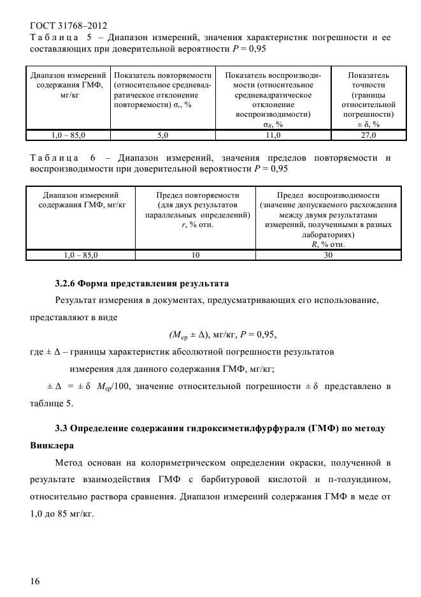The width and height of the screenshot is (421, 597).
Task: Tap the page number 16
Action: point(35,580)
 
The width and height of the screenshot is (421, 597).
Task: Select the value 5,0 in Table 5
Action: point(163,135)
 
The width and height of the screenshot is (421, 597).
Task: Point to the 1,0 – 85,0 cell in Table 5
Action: point(68,135)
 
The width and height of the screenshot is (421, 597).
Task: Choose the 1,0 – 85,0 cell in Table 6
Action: point(80,255)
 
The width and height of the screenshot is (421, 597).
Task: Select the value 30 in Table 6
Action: point(328,255)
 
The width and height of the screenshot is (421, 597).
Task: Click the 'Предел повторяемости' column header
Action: point(197,195)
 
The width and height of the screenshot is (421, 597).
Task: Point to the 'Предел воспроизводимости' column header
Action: point(328,195)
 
